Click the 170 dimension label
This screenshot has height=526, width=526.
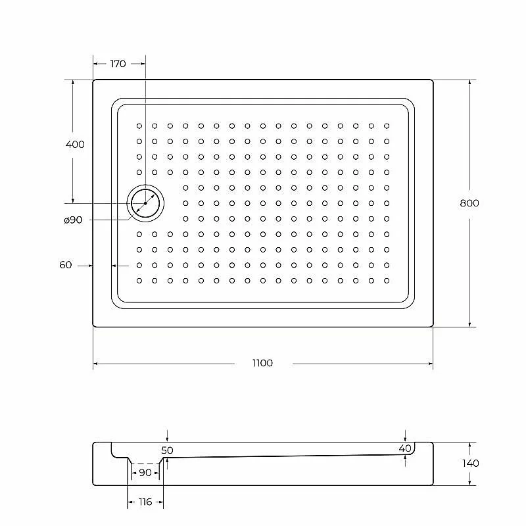(x=118, y=64)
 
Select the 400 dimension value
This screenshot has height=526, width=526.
(x=75, y=145)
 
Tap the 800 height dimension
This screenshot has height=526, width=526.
(x=469, y=203)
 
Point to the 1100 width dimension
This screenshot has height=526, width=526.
(x=262, y=363)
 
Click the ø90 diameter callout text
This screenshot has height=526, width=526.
(x=73, y=220)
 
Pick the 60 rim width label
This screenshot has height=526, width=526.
(x=65, y=265)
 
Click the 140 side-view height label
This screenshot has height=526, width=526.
(x=470, y=464)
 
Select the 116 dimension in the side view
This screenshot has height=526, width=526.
(x=145, y=502)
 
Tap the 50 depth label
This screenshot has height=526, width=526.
(x=167, y=450)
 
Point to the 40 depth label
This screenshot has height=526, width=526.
(x=405, y=448)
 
